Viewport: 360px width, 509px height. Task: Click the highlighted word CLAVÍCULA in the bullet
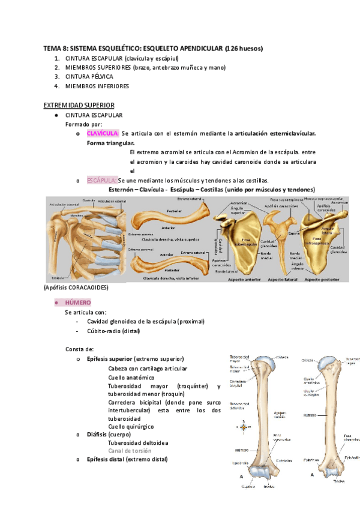pos(103,133)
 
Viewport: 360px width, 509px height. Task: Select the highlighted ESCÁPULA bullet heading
pos(101,181)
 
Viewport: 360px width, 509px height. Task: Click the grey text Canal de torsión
pos(130,451)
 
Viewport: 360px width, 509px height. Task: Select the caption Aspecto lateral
pos(283,280)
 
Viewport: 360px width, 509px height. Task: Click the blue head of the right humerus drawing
pos(328,363)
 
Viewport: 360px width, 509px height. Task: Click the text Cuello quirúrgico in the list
pos(131,426)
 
